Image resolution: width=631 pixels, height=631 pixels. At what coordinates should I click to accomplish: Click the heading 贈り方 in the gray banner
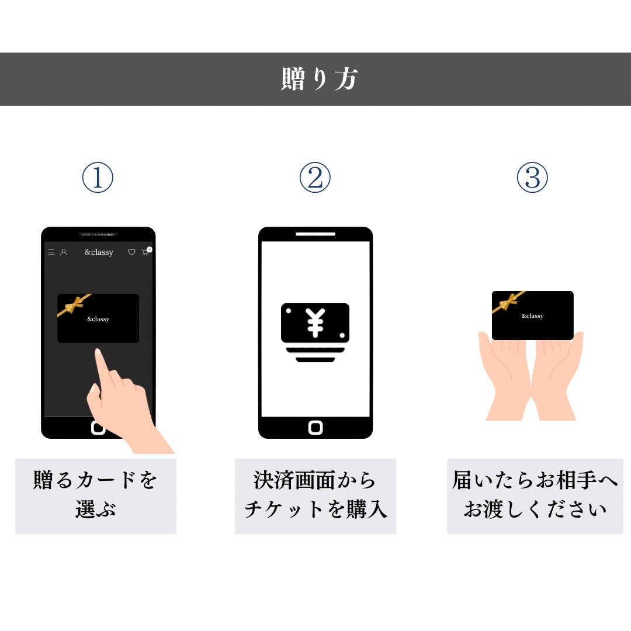coord(318,79)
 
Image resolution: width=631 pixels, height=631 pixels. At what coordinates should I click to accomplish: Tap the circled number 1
coord(97,178)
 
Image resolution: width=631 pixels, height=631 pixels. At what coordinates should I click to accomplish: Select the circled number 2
coord(315,178)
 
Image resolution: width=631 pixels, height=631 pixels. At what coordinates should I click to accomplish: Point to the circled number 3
coord(532,178)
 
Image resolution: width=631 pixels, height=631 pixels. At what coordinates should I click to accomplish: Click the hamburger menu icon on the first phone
coord(51,252)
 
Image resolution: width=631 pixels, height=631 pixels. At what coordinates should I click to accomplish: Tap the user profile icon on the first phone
coord(64,252)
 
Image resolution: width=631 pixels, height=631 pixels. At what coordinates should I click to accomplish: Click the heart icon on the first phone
coord(131,252)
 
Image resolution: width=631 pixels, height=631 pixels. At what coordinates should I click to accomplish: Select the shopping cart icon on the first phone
coord(145,252)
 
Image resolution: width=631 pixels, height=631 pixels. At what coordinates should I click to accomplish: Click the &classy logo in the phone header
coord(98,252)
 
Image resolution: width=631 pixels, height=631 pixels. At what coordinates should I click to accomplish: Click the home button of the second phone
coord(315,428)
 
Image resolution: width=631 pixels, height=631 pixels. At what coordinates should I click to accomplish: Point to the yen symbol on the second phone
coord(315,323)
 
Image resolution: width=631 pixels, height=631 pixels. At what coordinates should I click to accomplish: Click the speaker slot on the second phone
coord(315,234)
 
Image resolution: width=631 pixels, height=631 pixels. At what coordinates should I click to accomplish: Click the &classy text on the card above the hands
coord(532,316)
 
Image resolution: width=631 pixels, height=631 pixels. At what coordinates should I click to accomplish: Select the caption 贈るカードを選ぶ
coord(96,495)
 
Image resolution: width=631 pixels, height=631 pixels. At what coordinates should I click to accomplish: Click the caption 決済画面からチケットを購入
coord(315,495)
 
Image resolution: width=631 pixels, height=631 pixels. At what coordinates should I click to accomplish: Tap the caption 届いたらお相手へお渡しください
coord(535,495)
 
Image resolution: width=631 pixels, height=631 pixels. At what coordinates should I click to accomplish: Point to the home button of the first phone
coord(98,428)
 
